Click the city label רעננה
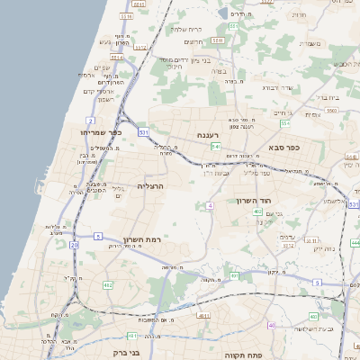222,135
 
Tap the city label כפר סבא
283,146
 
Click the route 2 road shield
90,120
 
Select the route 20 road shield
74,244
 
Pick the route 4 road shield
210,206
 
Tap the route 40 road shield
272,325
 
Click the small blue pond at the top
222,13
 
